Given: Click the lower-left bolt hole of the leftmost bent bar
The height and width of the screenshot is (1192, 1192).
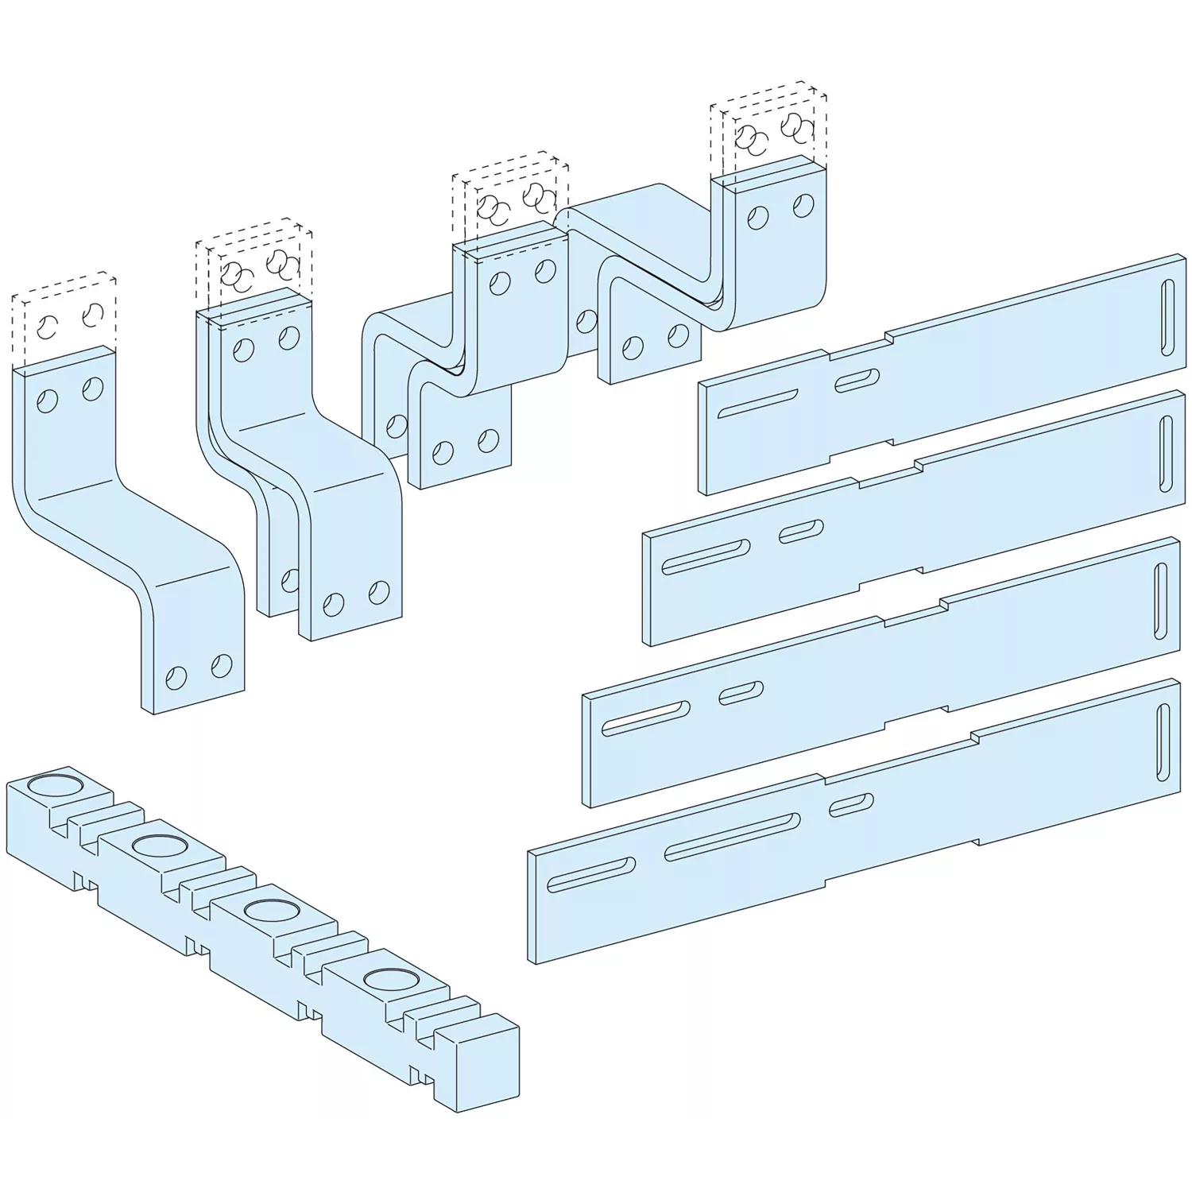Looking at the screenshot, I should point(176,677).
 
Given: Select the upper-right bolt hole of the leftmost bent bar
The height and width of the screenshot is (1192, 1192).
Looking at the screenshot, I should point(94,389).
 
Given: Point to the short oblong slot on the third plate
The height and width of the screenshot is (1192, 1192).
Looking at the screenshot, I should point(741,692).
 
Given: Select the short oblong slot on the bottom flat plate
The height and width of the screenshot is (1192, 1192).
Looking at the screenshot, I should point(851,804).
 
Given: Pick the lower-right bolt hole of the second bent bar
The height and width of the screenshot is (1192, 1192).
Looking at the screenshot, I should point(380,592).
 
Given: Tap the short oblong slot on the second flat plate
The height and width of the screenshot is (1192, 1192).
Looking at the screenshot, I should point(801,532).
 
